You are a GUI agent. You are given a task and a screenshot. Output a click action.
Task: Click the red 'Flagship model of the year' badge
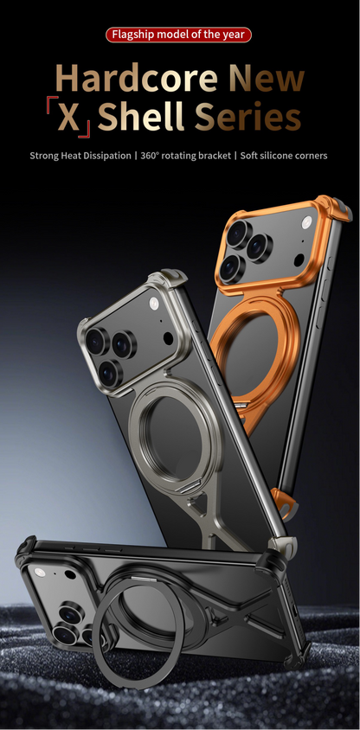179,35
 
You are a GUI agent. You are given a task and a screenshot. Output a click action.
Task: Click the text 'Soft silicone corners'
286,157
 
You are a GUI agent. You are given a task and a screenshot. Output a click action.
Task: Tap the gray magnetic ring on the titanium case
172,432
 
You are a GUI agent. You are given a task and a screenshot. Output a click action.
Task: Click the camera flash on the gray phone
154,304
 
